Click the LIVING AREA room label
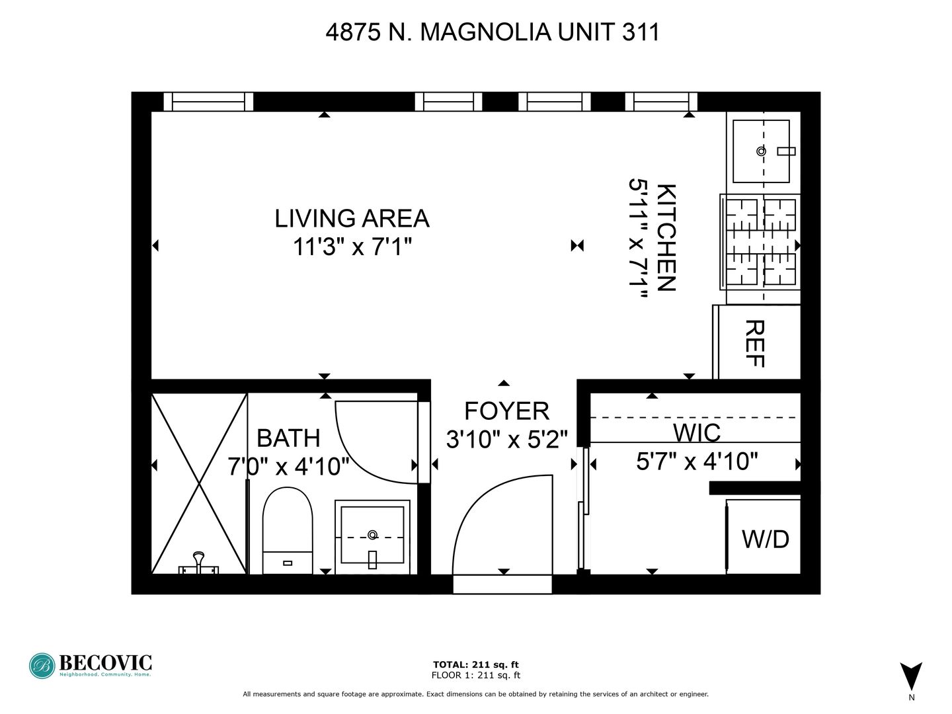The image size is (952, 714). [352, 218]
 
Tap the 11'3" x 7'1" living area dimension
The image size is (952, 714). [352, 247]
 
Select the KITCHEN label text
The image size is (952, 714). [666, 237]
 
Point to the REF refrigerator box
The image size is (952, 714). [756, 342]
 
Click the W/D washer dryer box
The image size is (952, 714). [764, 537]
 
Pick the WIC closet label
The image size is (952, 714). [697, 432]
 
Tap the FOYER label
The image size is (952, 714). [506, 411]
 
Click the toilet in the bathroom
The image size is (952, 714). [288, 531]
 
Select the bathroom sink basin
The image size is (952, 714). [373, 537]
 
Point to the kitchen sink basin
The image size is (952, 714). [761, 151]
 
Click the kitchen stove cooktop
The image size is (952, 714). [760, 242]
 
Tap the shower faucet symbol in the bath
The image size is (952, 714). [198, 564]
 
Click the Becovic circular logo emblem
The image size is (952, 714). [42, 666]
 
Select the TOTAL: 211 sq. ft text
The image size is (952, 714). [476, 664]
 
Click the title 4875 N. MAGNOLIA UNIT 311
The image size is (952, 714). [493, 32]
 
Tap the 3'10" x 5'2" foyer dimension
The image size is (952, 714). [506, 440]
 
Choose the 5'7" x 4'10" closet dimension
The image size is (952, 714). [697, 461]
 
